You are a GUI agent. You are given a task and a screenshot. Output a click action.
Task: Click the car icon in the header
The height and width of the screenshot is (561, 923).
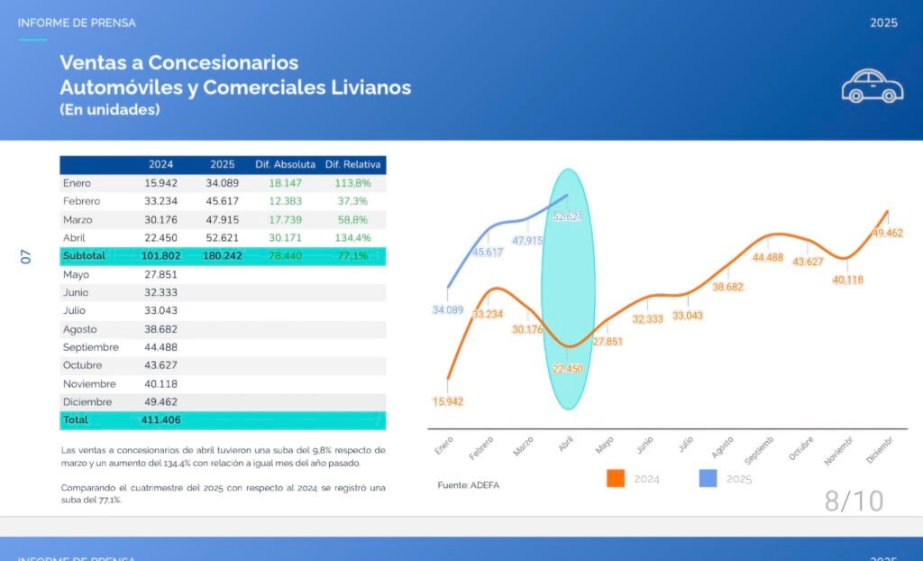click(x=873, y=86)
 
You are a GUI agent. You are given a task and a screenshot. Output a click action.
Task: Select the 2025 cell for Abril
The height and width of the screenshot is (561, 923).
click(x=222, y=237)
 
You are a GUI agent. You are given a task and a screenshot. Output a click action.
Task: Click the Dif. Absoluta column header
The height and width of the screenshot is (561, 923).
click(x=285, y=164)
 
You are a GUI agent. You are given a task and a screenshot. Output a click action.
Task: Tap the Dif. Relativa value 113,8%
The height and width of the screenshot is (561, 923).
click(x=352, y=183)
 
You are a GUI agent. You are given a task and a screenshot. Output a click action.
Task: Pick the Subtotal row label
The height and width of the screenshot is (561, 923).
click(x=84, y=256)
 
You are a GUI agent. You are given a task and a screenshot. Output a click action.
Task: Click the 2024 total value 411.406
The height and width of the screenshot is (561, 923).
click(x=160, y=420)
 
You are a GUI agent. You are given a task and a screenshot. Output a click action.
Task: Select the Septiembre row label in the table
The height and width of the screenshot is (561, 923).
click(x=91, y=347)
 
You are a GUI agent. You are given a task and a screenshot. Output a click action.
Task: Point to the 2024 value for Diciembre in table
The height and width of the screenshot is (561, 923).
click(x=160, y=402)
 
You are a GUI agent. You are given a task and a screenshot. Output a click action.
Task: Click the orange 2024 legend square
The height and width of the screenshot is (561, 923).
click(x=615, y=478)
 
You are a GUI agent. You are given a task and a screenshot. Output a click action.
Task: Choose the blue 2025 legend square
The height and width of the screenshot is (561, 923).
click(x=708, y=478)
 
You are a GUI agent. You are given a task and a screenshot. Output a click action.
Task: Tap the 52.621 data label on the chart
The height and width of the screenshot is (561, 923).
click(x=568, y=216)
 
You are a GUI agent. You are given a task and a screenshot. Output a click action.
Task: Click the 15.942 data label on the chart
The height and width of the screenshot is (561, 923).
click(x=448, y=401)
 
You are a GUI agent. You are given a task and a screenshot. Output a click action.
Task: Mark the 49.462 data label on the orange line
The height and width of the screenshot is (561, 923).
click(x=887, y=233)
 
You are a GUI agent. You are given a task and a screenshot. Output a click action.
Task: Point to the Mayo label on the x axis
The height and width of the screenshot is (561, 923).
click(x=604, y=445)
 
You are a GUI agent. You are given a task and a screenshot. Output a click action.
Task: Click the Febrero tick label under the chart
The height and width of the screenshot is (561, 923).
click(x=481, y=448)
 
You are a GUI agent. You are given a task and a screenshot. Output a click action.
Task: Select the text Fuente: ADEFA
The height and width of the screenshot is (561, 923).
click(x=468, y=485)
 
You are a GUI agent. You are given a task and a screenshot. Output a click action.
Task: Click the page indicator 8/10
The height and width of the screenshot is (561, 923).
click(x=854, y=501)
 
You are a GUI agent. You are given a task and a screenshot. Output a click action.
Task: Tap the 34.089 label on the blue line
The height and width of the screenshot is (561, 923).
click(x=448, y=310)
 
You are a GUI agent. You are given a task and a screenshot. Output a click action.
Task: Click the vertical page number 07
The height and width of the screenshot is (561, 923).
click(x=25, y=256)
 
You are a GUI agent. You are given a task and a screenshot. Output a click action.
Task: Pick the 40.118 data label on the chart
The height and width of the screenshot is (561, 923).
click(x=847, y=280)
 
